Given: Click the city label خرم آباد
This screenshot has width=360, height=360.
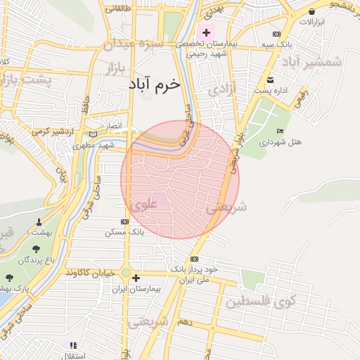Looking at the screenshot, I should [155, 84].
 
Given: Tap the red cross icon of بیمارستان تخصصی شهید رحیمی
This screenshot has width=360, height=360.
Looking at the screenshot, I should [206, 32].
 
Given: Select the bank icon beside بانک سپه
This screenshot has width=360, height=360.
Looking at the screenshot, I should [277, 34].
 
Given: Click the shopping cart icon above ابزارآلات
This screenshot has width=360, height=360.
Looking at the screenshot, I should [311, 11].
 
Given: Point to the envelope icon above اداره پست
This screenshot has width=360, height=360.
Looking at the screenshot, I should [271, 79].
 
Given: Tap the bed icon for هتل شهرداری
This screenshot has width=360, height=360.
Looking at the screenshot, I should [281, 131].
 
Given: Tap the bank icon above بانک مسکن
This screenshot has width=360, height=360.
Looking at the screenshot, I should [125, 221].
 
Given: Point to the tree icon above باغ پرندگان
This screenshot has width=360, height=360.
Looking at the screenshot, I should [37, 248].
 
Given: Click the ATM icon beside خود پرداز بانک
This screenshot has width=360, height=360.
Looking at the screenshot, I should [194, 259].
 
